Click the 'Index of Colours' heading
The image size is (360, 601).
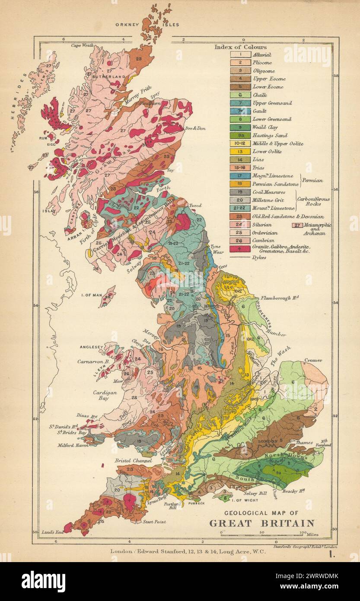tap(241, 47)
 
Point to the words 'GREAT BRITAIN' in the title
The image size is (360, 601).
tap(261, 523)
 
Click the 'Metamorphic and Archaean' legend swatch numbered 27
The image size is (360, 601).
tap(297, 225)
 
